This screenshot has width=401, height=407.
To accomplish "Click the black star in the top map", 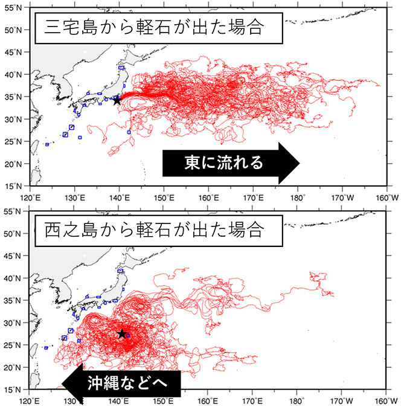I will point(117,100).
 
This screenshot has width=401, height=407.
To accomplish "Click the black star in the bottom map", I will point(121,334).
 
